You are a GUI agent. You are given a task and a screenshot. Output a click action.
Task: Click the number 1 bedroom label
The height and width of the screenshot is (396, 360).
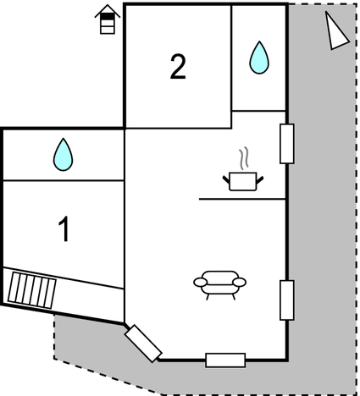(x=64, y=228)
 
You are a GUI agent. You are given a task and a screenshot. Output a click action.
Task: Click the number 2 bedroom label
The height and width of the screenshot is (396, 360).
(x=178, y=67)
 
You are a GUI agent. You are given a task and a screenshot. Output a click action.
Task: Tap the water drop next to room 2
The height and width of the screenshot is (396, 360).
(x=259, y=58)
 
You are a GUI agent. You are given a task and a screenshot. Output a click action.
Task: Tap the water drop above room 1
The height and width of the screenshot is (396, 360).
(x=63, y=155)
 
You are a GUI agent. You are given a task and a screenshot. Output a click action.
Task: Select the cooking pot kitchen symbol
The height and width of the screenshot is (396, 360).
(x=243, y=181)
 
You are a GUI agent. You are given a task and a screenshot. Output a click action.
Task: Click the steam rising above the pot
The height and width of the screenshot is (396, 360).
(x=244, y=158)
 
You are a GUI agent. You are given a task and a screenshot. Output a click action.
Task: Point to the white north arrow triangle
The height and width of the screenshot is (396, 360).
(x=335, y=31)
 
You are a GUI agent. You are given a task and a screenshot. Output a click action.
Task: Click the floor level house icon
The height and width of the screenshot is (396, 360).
(x=108, y=19)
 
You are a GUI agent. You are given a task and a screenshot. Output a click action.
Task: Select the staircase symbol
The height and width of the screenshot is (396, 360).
(x=32, y=290)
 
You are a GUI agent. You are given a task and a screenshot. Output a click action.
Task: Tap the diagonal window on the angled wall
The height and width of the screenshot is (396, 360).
(x=143, y=344)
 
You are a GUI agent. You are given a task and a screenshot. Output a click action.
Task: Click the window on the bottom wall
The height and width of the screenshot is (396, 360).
(x=225, y=360)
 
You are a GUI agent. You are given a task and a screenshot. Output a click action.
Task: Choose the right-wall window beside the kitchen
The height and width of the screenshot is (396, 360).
(x=287, y=144)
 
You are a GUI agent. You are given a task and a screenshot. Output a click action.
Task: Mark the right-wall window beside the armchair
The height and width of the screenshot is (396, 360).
(x=287, y=300)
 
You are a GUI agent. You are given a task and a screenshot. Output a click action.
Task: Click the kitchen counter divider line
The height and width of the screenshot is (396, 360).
(x=242, y=199)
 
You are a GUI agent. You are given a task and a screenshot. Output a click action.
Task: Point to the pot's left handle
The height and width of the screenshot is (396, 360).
(x=226, y=179)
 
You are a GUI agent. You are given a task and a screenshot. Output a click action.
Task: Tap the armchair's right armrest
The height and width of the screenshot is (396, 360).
(x=240, y=282)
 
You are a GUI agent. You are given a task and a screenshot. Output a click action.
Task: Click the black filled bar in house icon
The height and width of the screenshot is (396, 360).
(x=108, y=17)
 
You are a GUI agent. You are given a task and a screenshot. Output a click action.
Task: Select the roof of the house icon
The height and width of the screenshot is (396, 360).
(x=108, y=11)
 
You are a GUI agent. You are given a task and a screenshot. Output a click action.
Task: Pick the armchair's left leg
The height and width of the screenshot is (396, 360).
(x=208, y=297)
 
